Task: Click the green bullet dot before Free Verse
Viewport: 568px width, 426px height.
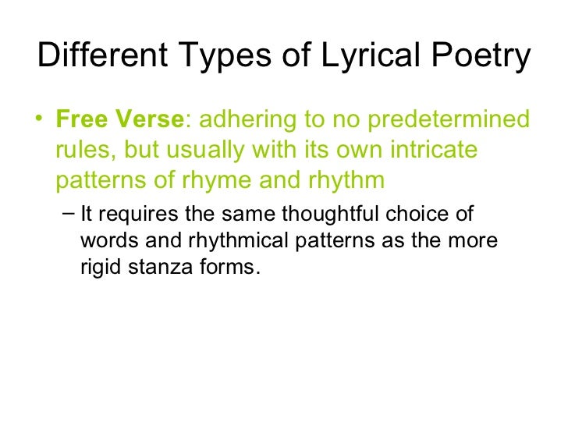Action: click(40, 121)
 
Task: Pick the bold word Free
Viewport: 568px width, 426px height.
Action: click(82, 121)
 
